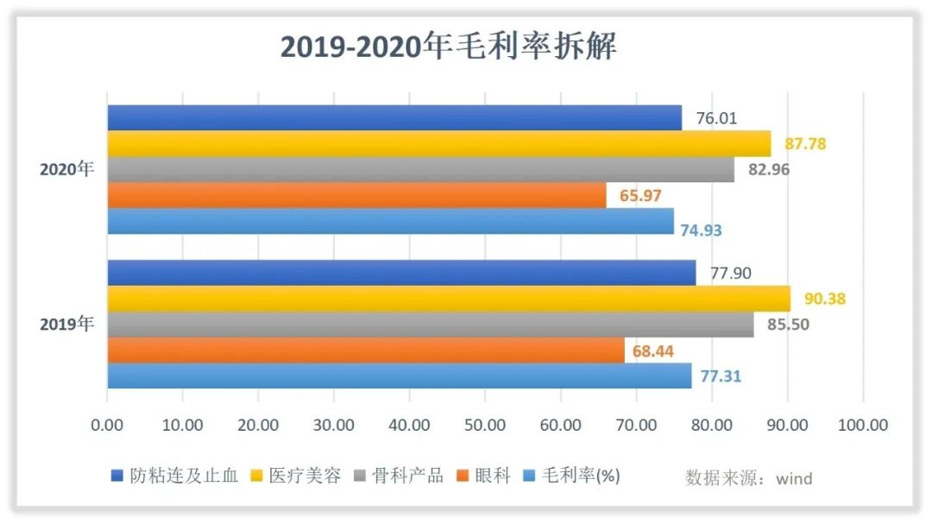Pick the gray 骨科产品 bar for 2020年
point(420,169)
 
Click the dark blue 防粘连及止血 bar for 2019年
point(401,273)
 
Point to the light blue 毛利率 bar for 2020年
point(390,221)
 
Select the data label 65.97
point(640,196)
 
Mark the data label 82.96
point(768,169)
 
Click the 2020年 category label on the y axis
point(66,169)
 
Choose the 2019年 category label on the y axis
point(66,325)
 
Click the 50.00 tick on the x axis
point(485,425)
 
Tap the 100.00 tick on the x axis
point(862,425)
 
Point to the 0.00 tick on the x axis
point(107,425)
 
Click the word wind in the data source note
point(794,478)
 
